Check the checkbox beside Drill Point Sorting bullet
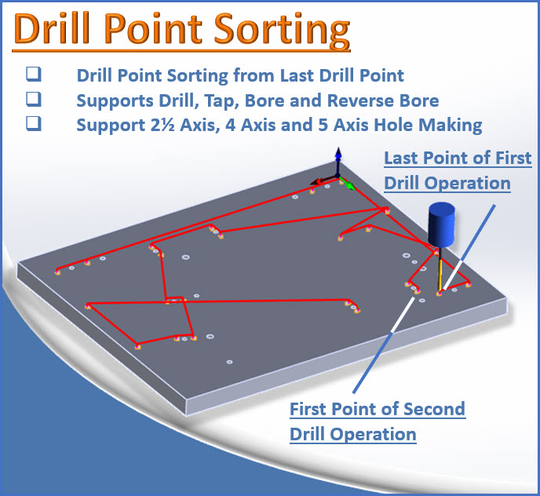[33, 75]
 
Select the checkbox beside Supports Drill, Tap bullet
[33, 100]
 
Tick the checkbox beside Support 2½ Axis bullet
[33, 124]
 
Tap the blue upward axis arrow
[337, 157]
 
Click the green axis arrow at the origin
[348, 186]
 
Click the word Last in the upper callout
[401, 159]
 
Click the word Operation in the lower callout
[373, 433]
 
